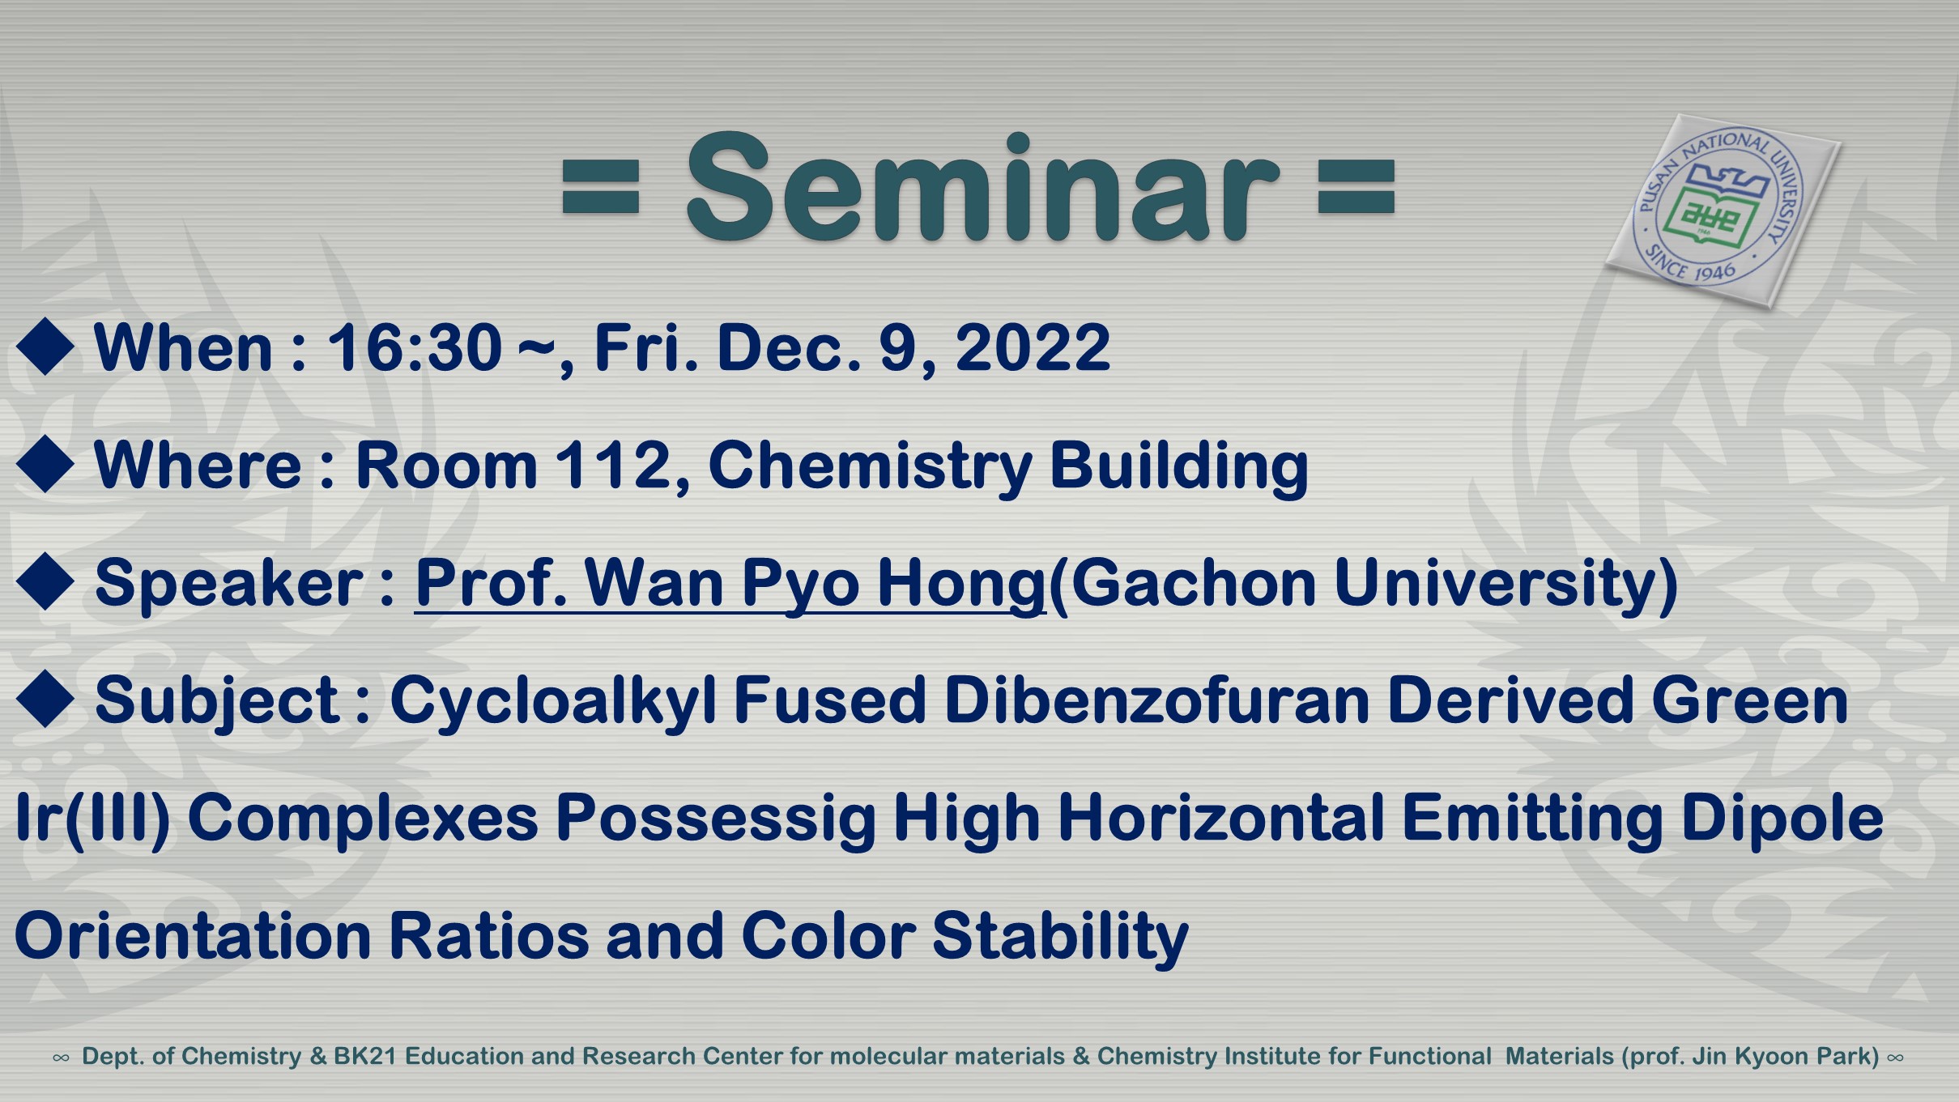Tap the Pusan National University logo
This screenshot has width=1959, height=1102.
point(1723,211)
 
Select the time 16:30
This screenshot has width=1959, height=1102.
point(414,347)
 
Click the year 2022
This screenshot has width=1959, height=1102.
point(1033,347)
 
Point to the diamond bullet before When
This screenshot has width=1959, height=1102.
point(45,347)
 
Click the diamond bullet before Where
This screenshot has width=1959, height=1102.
point(45,464)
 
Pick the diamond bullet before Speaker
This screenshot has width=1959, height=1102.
point(45,581)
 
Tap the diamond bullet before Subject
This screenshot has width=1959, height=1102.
point(45,699)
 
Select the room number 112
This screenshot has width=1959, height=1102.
point(623,466)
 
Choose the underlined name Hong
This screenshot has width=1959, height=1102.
point(961,584)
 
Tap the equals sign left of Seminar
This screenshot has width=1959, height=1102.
point(601,187)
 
